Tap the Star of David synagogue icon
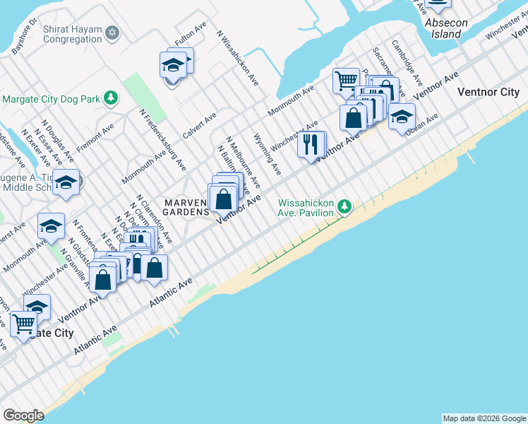(112, 33)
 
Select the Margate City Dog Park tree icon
(110, 98)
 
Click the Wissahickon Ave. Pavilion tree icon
(344, 206)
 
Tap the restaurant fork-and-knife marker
(311, 145)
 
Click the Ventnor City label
(488, 93)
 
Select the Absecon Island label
(446, 28)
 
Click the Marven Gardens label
(187, 207)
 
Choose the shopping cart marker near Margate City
(23, 324)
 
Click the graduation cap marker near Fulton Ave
(173, 66)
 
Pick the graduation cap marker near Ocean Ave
(402, 117)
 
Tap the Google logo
(23, 416)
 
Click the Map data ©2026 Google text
(484, 418)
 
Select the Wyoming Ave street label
(267, 155)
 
